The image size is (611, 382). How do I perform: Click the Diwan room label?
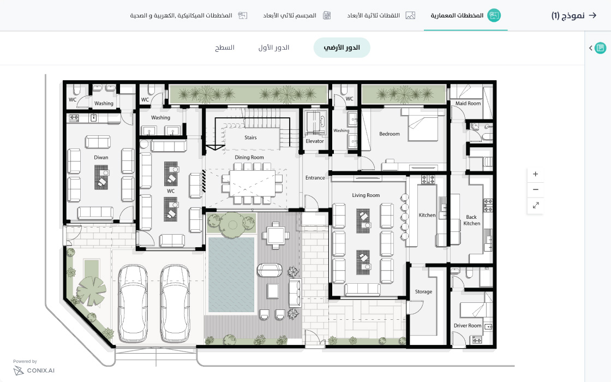pyautogui.click(x=101, y=158)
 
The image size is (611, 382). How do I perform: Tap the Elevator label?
pyautogui.click(x=314, y=141)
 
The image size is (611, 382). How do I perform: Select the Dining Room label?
pyautogui.click(x=249, y=158)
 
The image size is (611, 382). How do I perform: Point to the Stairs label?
pyautogui.click(x=250, y=138)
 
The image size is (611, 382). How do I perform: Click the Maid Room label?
pyautogui.click(x=468, y=103)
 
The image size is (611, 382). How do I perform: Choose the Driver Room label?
pyautogui.click(x=468, y=325)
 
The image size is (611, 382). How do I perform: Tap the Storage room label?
pyautogui.click(x=423, y=291)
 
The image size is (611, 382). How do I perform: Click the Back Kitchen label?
pyautogui.click(x=471, y=220)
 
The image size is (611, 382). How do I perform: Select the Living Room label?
pyautogui.click(x=366, y=195)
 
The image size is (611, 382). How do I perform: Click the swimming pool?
pyautogui.click(x=231, y=275)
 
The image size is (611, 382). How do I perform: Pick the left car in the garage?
pyautogui.click(x=133, y=303)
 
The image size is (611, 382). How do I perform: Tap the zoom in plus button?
pyautogui.click(x=535, y=174)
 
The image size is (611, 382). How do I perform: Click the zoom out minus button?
pyautogui.click(x=535, y=189)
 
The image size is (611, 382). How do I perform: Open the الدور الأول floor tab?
pyautogui.click(x=273, y=47)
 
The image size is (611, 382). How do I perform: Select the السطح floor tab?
pyautogui.click(x=225, y=47)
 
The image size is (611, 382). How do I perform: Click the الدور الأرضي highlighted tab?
pyautogui.click(x=342, y=47)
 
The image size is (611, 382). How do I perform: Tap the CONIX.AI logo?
pyautogui.click(x=34, y=371)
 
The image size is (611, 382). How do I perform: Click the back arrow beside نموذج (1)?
pyautogui.click(x=592, y=15)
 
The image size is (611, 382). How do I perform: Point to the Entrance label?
pyautogui.click(x=315, y=178)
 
